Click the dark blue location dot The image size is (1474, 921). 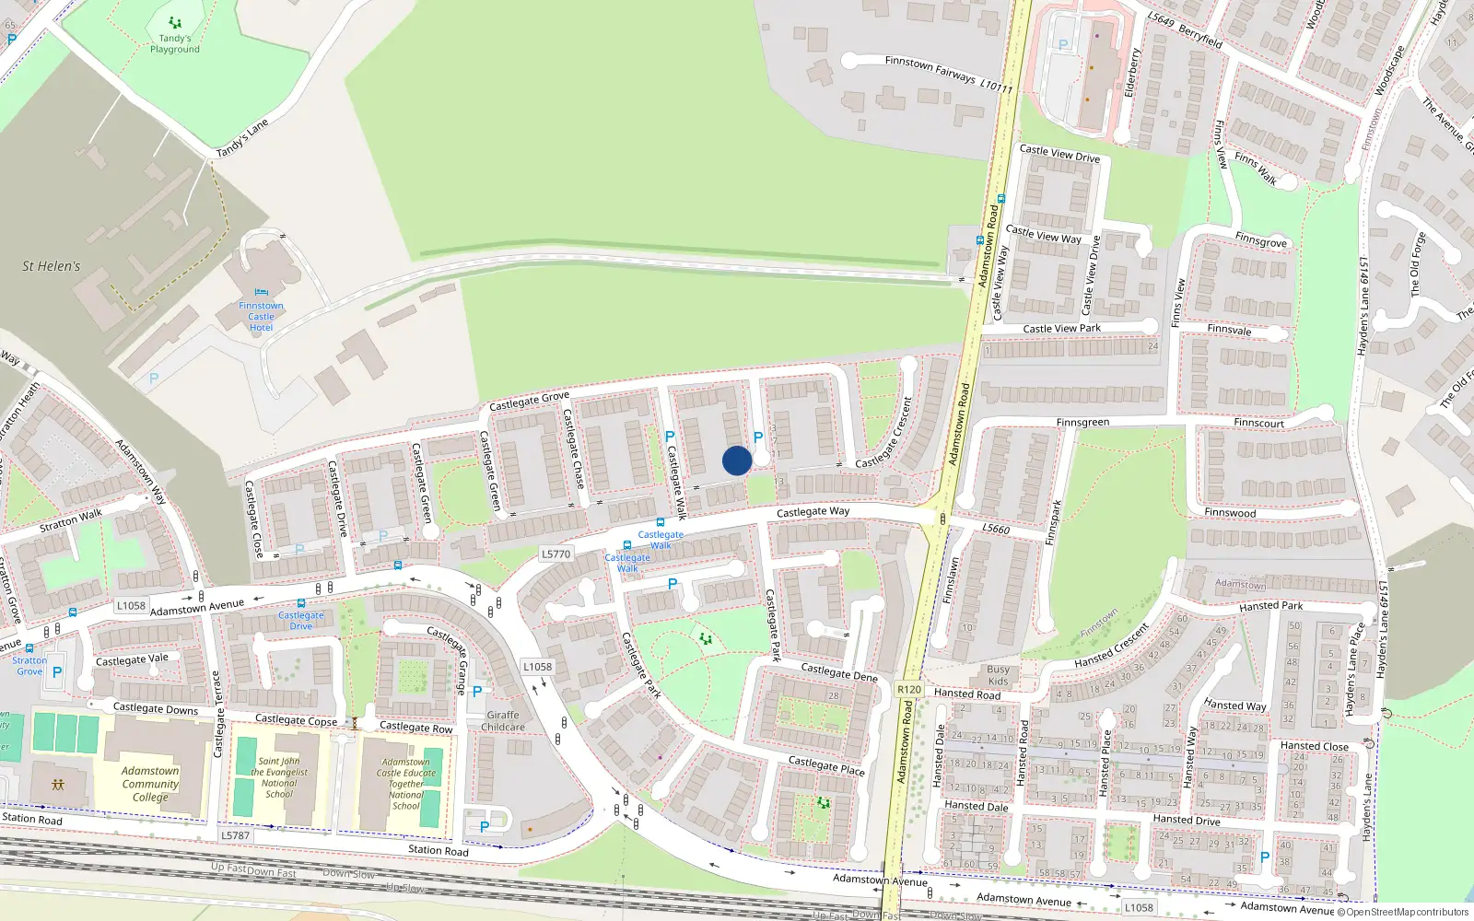pos(736,460)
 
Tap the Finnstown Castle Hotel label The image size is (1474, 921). pos(261,317)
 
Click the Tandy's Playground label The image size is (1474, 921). pos(175,43)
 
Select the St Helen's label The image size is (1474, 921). pos(52,266)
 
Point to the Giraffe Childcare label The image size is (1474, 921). pos(503,720)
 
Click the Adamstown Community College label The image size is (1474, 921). pos(150,784)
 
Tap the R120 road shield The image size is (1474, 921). pos(908,689)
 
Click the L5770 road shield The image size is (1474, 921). pos(556,554)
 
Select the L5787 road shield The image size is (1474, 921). pos(235,835)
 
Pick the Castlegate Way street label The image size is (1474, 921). pos(813,511)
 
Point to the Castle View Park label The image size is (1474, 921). pos(1061,328)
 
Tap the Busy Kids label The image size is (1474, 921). pos(998,675)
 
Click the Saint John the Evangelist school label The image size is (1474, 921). pos(279,777)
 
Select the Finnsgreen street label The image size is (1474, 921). pos(1082,423)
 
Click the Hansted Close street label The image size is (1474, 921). pos(1314,746)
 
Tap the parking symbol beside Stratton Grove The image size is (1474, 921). pos(57,672)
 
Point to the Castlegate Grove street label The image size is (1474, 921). pos(529,402)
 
